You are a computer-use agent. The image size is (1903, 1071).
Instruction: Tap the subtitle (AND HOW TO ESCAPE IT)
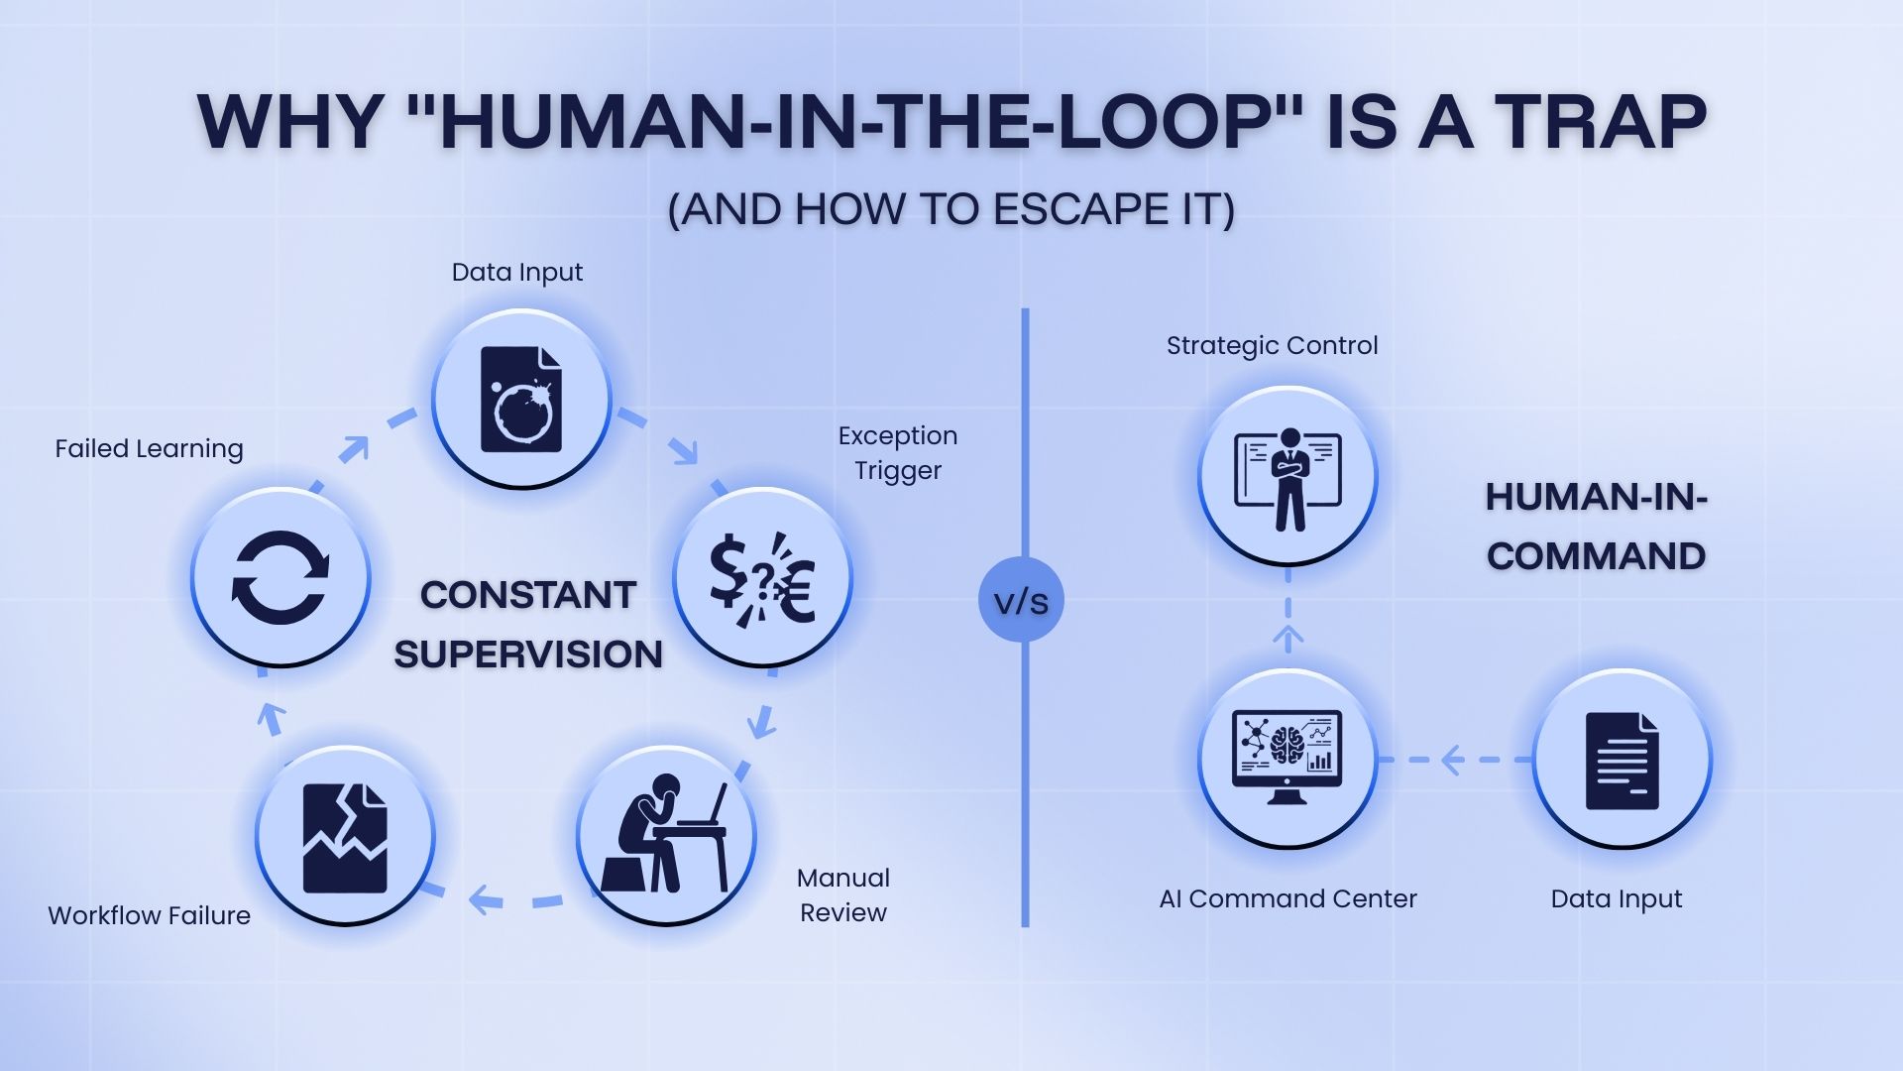point(951,209)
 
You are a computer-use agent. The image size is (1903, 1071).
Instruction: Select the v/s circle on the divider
point(1021,600)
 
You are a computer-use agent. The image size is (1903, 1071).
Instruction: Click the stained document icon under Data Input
point(521,399)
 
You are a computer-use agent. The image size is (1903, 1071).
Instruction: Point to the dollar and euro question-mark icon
point(762,578)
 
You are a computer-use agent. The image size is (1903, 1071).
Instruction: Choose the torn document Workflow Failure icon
point(345,836)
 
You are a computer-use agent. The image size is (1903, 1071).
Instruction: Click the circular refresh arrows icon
point(280,578)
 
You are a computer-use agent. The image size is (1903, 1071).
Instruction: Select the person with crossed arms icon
point(1287,477)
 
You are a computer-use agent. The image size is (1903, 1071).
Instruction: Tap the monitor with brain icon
point(1287,759)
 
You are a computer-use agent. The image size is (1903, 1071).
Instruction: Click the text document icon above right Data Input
point(1622,760)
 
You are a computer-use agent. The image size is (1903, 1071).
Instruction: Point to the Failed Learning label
point(149,449)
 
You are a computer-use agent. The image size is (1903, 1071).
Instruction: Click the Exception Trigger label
point(898,452)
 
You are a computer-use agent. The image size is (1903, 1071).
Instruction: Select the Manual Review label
point(843,894)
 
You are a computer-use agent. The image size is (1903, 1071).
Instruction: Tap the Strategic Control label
point(1272,345)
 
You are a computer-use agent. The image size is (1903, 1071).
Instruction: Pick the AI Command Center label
point(1287,898)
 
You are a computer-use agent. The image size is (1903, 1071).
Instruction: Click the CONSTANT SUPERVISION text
point(528,625)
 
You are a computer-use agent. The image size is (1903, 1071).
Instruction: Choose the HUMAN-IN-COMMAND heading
point(1596,527)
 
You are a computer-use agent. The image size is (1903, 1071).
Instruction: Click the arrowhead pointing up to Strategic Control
point(1287,635)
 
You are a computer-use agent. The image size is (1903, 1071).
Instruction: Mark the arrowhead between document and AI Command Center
point(1452,760)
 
